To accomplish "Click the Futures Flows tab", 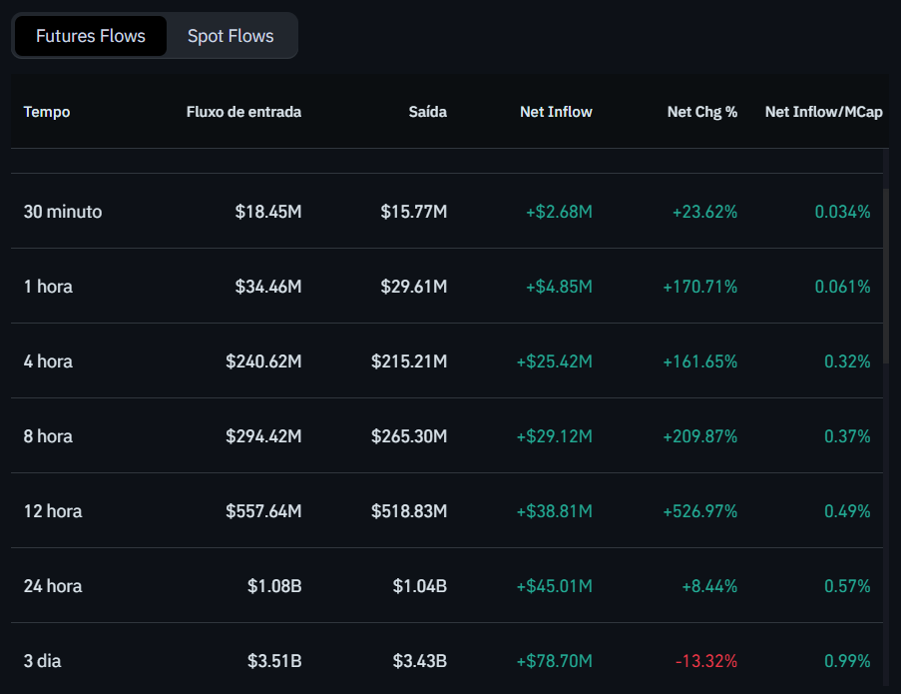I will point(91,36).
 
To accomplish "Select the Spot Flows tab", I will point(230,36).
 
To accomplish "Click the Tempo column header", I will point(47,112).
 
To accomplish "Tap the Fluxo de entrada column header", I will point(243,112).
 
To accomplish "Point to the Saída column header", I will point(427,112).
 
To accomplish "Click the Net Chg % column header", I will point(701,112).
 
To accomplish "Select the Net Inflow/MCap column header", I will point(823,112).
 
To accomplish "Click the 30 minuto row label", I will point(63,212).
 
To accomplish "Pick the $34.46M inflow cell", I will point(267,287).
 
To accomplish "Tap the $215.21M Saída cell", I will point(409,361).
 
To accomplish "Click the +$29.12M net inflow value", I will point(554,436).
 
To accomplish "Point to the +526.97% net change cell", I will point(699,511).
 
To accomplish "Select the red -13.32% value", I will point(705,661).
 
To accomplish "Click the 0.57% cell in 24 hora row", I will point(847,586).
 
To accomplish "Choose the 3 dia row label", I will point(43,661).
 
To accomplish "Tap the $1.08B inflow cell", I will point(274,586).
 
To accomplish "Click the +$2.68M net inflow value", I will point(559,212).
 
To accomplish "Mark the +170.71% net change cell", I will point(699,287).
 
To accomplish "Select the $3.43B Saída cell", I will point(420,661).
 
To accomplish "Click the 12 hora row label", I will point(53,511).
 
